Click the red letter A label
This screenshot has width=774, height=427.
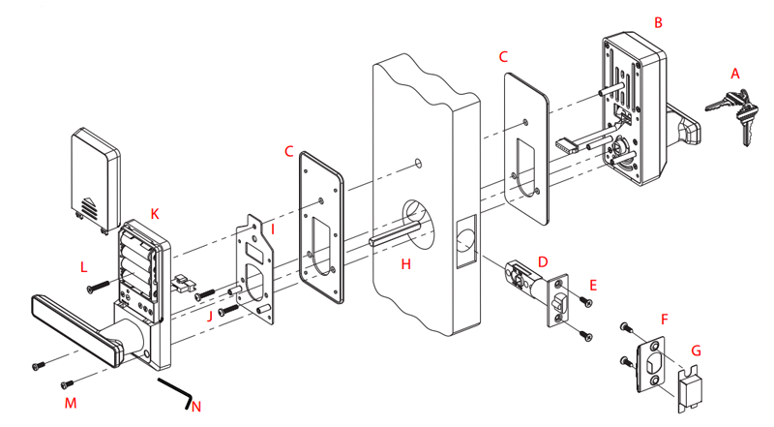(x=735, y=75)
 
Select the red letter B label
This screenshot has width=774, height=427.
(x=658, y=22)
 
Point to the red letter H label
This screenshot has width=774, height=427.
(x=405, y=264)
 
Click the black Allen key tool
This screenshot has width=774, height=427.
(x=176, y=392)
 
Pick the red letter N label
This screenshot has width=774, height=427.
(x=196, y=407)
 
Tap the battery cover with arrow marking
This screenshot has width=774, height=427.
(x=96, y=180)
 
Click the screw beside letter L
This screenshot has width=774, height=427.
(x=99, y=287)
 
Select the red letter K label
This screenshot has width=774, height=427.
(x=155, y=214)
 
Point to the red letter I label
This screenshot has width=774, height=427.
(x=273, y=229)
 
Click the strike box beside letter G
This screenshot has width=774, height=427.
(x=690, y=388)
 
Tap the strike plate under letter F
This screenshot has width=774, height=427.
(x=651, y=364)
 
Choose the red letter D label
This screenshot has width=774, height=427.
(x=543, y=262)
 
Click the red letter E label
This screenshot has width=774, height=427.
(x=593, y=286)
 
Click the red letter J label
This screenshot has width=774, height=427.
(x=209, y=317)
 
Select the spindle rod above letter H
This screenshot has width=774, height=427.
(x=395, y=233)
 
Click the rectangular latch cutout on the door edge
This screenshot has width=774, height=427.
(x=465, y=241)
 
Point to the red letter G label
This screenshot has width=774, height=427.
(x=696, y=351)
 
